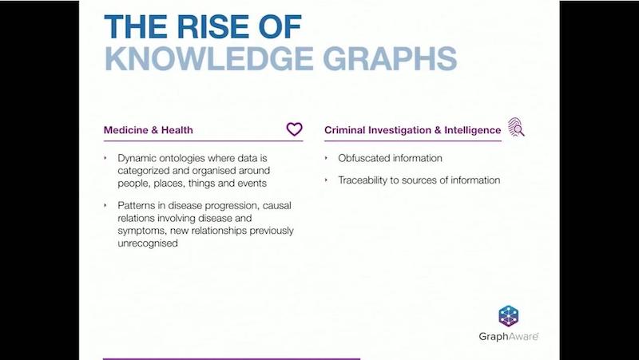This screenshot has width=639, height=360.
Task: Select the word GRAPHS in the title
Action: [x=390, y=58]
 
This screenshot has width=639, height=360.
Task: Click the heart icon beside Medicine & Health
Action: [x=294, y=129]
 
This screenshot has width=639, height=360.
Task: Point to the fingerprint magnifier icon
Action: [x=516, y=127]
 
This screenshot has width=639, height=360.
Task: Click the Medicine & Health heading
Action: [x=149, y=130]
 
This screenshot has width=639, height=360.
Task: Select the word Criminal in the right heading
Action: [x=345, y=130]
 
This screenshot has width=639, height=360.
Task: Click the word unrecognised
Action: [x=148, y=243]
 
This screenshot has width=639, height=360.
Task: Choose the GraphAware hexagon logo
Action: [x=508, y=316]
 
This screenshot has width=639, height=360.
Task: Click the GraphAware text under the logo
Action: [x=509, y=336]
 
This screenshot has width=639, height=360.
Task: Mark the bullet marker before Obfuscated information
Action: [x=326, y=157]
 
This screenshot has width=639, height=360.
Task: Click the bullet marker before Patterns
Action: [x=105, y=205]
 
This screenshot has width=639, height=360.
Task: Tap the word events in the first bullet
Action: [x=254, y=184]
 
